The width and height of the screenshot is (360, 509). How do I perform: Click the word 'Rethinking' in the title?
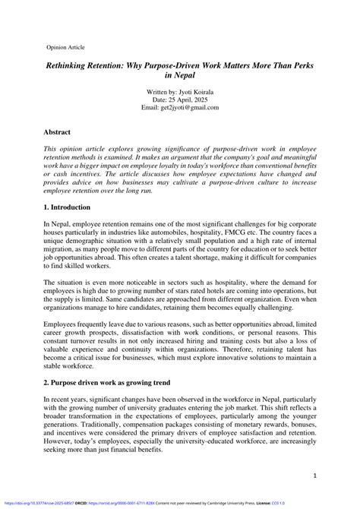click(72, 68)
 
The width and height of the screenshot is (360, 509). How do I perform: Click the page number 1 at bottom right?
click(314, 476)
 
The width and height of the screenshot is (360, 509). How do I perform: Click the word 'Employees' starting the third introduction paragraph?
click(67, 324)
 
